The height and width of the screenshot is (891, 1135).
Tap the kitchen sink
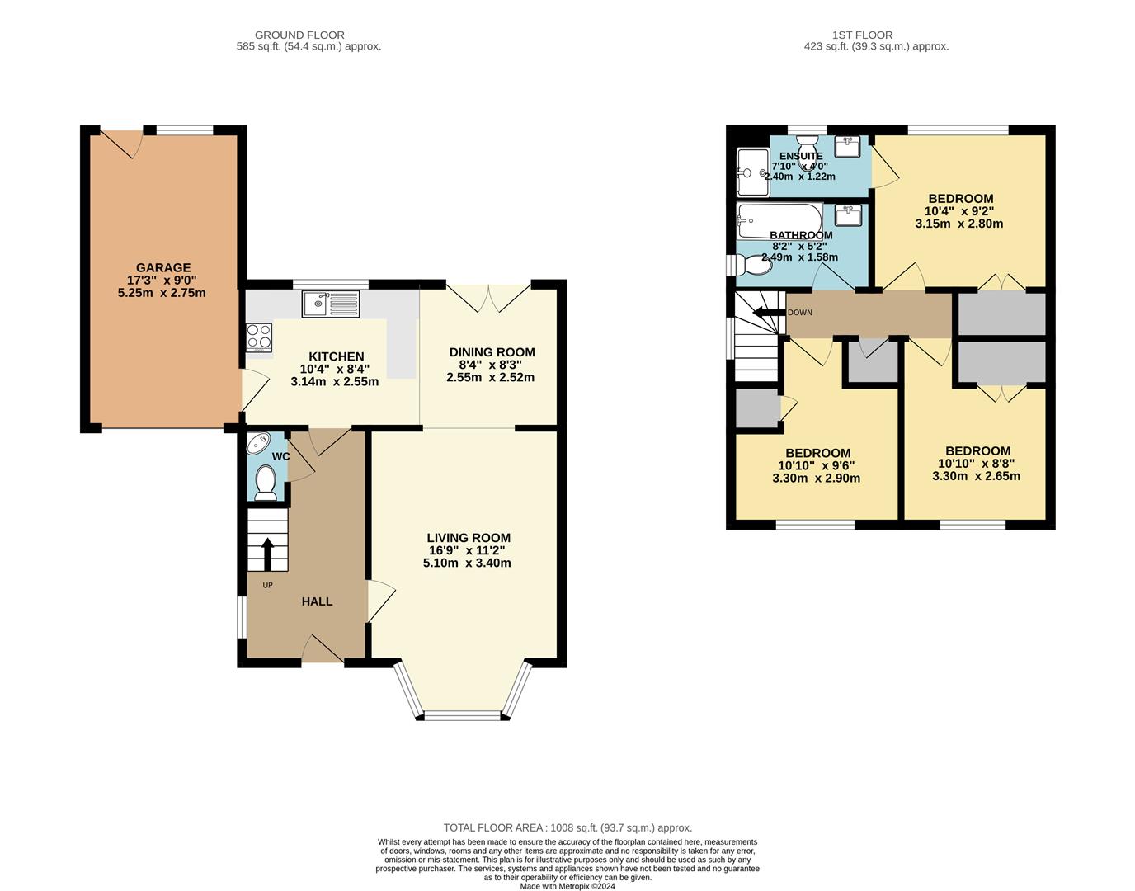pos(331,304)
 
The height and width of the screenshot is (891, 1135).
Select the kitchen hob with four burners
pos(259,337)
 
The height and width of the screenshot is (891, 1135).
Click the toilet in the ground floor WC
pos(266,482)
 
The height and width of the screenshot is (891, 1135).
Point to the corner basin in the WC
pos(258,443)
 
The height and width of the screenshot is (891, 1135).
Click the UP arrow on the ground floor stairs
pos(267,554)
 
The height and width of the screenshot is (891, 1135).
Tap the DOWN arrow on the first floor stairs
pos(767,313)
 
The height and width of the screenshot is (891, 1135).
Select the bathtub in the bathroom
pos(779,217)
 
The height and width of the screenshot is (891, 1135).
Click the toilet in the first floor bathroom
pos(754,265)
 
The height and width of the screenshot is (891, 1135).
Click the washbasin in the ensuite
pos(847,147)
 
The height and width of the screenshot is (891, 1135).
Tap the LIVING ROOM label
pos(468,538)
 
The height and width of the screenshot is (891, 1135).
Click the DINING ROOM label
pos(491,352)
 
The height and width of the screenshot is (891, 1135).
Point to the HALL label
pos(317,601)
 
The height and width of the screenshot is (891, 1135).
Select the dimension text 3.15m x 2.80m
pos(959,224)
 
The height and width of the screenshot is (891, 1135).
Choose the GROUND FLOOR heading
pos(299,35)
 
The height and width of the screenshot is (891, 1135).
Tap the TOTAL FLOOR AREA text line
pos(567,827)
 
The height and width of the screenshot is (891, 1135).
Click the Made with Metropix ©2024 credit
pos(567,886)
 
